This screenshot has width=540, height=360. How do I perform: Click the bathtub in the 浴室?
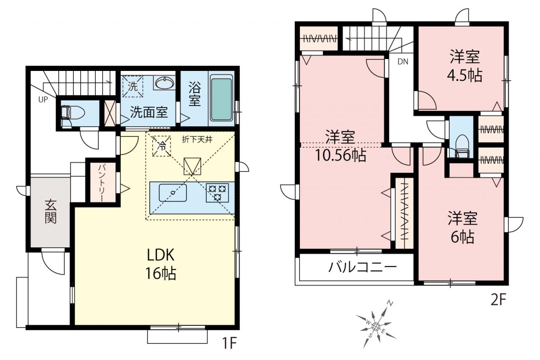[221, 99]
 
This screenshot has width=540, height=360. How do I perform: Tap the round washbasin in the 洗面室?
[165, 83]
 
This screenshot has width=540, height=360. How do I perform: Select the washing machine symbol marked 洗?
[132, 87]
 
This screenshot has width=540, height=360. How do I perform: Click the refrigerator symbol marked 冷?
[162, 146]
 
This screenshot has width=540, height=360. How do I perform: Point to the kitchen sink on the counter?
[173, 192]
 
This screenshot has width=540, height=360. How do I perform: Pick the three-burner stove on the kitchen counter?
[217, 192]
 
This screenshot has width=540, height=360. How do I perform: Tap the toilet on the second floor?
[462, 146]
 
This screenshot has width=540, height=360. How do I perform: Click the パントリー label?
[102, 183]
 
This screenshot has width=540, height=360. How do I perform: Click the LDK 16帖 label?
[161, 264]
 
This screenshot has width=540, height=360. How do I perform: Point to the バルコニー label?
[363, 267]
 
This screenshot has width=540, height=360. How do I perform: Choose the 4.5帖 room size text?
[464, 76]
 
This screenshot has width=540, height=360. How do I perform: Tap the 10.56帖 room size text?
[340, 155]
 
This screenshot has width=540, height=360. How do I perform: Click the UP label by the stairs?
[43, 99]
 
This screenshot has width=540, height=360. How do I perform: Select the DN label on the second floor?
[403, 62]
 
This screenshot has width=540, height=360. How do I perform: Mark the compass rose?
[376, 326]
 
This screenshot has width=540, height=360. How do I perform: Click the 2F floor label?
[498, 299]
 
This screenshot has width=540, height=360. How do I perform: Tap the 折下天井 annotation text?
[197, 140]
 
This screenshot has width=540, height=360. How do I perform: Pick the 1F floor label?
[229, 343]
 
